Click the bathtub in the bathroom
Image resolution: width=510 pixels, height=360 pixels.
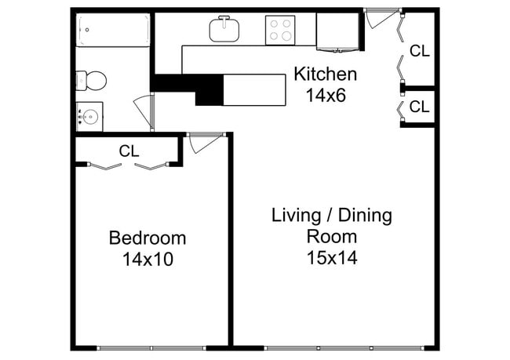113,31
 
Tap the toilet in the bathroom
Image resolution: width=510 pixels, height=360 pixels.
93,80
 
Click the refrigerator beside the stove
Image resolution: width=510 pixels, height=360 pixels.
337,31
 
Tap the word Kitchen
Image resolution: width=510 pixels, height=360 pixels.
325,75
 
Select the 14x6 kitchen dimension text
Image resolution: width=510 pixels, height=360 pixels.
325,96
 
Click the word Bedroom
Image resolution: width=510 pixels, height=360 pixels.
148,238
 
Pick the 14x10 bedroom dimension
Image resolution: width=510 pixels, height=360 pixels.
148,259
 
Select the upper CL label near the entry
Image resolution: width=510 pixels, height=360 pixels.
420,52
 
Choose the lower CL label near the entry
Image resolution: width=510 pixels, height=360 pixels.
420,107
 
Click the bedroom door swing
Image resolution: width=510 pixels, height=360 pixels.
202,142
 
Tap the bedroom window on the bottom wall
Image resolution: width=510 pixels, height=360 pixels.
151,347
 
